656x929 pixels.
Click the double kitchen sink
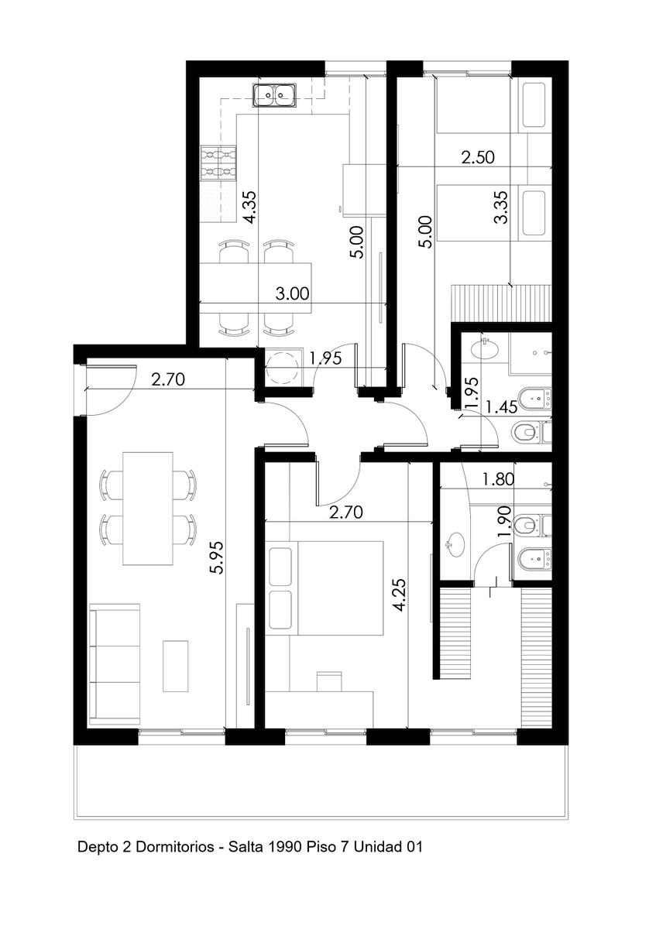coord(275,95)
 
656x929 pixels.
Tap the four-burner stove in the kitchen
coord(218,163)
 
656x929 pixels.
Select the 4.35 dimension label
coord(251,207)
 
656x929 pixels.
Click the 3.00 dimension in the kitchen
coord(292,293)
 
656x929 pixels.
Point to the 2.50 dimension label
coord(478,157)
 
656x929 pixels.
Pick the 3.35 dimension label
coord(501,207)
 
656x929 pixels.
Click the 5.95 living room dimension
coord(217,557)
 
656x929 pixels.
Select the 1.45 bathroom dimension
coord(502,407)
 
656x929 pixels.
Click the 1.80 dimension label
coord(498,479)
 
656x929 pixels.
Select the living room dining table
coord(148,509)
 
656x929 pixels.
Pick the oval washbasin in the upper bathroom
coord(485,349)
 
